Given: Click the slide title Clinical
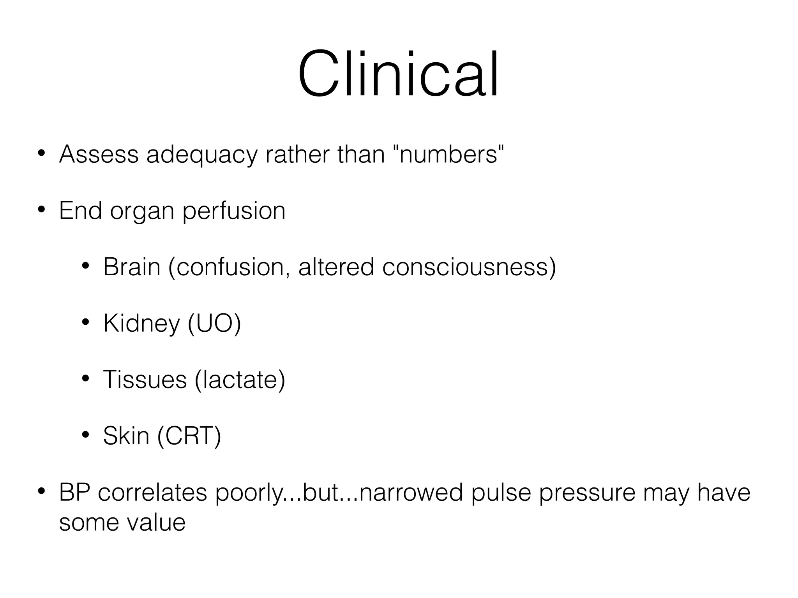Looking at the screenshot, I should [398, 74].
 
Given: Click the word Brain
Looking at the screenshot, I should [132, 267].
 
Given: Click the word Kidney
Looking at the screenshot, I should [141, 324].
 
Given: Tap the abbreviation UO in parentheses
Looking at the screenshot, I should [214, 323].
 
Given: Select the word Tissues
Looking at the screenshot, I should [145, 380].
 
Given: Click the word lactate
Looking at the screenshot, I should [239, 380].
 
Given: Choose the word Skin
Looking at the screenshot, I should [126, 436].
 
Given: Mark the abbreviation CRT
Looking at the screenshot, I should [189, 436].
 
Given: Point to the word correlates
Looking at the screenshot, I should [152, 492].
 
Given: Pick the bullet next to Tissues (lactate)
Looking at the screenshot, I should [85, 379].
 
